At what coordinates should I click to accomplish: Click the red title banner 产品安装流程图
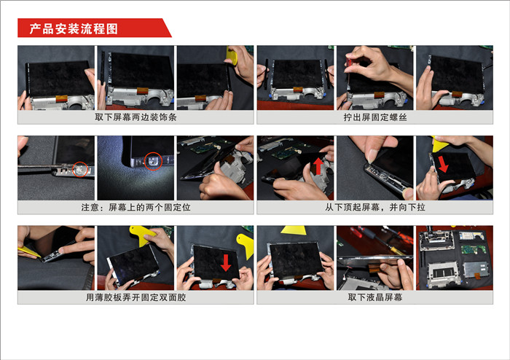pos(94,28)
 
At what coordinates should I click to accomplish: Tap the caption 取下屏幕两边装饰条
pos(136,117)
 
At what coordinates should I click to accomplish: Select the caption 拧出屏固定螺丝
pos(375,117)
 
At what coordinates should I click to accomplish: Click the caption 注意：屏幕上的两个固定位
pos(136,207)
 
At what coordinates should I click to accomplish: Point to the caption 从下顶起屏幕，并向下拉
pos(375,207)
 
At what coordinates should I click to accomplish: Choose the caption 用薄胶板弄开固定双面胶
pos(136,297)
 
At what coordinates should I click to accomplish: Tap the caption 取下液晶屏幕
pos(375,297)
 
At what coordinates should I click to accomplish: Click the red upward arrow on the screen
pos(318,166)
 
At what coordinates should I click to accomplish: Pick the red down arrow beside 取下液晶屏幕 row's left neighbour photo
pos(225,263)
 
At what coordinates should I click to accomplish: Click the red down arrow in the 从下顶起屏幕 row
pos(443,164)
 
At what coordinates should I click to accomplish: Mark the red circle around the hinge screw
pos(80,169)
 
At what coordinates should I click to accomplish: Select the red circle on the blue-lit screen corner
pos(153,161)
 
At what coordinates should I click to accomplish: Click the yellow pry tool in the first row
pos(232,55)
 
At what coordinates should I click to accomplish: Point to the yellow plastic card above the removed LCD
pos(294,230)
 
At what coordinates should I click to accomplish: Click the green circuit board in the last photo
pos(474,249)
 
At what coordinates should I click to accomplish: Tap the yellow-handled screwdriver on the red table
pos(394,248)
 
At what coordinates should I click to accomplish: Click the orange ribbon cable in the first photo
pos(61,98)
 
